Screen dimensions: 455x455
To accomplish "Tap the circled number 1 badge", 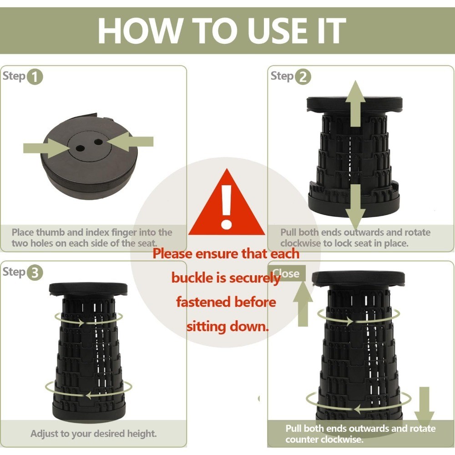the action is [35, 77].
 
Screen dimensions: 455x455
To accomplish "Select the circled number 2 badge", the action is [303, 77].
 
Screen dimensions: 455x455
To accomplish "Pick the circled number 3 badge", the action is [35, 273].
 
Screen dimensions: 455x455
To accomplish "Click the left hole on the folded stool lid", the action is [81, 148].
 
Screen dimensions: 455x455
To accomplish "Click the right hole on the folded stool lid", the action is [98, 142].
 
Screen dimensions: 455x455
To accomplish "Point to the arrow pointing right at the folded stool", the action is [46, 148].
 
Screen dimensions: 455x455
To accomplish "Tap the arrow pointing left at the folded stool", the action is [130, 142].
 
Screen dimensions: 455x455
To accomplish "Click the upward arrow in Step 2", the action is [355, 104].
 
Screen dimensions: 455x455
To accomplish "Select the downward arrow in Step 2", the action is [355, 207].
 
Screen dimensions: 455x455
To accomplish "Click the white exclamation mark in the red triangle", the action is [226, 207].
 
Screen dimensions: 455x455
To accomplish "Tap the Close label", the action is [286, 273].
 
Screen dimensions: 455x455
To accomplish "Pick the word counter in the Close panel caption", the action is [301, 440].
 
